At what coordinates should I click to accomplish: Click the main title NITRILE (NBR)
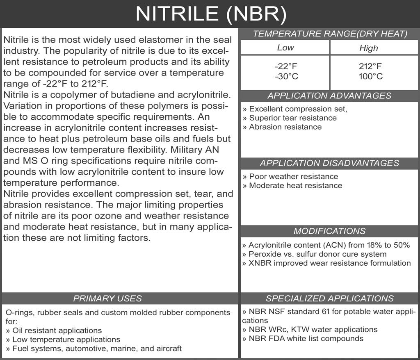click(210, 14)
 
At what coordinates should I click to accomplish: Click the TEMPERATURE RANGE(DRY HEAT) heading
click(330, 34)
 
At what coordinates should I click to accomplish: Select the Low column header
click(285, 48)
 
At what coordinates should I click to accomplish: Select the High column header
click(368, 48)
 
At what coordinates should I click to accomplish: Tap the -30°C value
click(285, 76)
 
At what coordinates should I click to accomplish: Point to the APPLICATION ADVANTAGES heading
click(329, 96)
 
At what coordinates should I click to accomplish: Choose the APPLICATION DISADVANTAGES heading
click(329, 163)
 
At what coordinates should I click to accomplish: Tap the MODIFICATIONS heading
click(329, 231)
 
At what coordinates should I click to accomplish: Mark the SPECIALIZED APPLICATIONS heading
click(329, 298)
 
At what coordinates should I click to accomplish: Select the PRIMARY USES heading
click(107, 298)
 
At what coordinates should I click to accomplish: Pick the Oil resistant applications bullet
click(54, 330)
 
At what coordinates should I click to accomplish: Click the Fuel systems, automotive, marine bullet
click(94, 349)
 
